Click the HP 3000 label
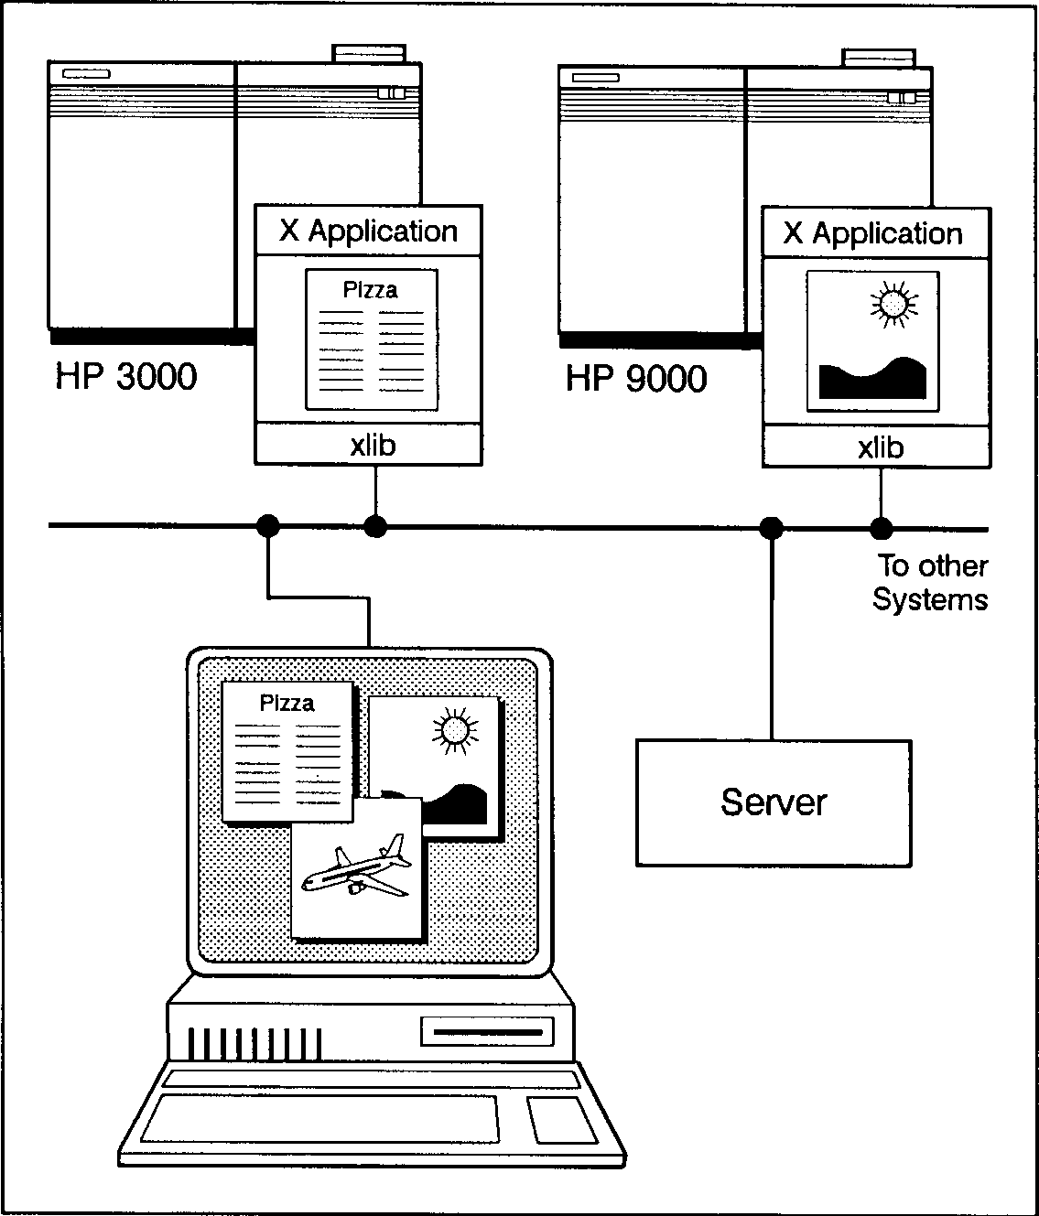(x=126, y=376)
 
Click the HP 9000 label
(x=636, y=378)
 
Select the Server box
(x=774, y=802)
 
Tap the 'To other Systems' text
(x=931, y=583)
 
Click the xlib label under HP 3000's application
(x=373, y=446)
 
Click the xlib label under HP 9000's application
(x=881, y=447)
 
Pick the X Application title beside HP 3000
(x=369, y=231)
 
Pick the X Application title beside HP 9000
(x=874, y=233)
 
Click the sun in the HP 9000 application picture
(x=893, y=303)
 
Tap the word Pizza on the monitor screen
(x=287, y=703)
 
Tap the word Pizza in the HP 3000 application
(x=370, y=290)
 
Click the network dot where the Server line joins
(x=772, y=527)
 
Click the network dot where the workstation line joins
(x=267, y=525)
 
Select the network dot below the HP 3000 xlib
(x=375, y=526)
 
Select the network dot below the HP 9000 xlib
(x=881, y=528)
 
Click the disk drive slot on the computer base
(x=487, y=1032)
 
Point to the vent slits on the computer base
(x=254, y=1042)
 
